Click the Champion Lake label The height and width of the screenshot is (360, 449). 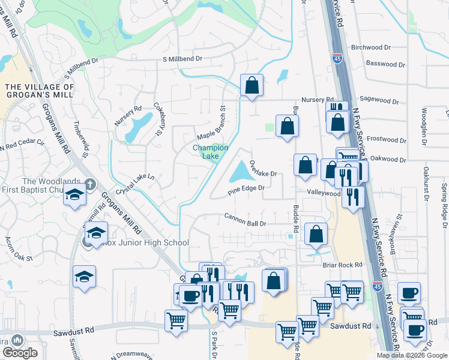(x=210, y=152)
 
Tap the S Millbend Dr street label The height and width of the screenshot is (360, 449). (x=182, y=59)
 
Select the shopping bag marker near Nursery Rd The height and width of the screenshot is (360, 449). (x=252, y=85)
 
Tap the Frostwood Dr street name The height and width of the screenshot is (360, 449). (x=386, y=139)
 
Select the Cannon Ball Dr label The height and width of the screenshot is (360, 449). (x=245, y=223)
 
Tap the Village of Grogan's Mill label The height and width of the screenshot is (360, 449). (x=40, y=91)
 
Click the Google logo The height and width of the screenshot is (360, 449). (x=20, y=353)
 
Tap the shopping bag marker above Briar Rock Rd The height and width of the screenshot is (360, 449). (x=316, y=235)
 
